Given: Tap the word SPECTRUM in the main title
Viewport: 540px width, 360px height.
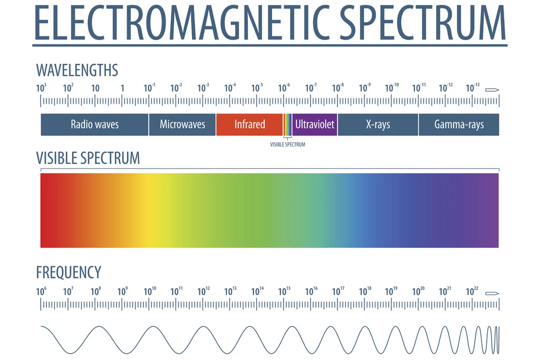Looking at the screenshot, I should tap(422, 24).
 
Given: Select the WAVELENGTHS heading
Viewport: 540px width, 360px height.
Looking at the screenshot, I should tap(77, 70).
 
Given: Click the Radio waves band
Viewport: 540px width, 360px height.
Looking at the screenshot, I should tap(95, 124).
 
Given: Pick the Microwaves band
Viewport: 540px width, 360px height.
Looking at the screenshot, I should tap(182, 124).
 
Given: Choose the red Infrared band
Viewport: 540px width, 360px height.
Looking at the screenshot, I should tap(249, 124).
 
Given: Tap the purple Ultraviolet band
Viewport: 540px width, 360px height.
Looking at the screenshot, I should tap(315, 124).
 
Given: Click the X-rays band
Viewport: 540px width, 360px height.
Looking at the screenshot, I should tap(378, 124).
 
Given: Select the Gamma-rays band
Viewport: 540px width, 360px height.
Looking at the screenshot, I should tap(459, 124).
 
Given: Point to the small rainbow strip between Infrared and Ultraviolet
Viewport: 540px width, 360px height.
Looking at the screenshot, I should tap(287, 124).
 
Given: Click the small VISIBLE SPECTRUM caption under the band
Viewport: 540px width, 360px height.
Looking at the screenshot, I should tap(287, 144).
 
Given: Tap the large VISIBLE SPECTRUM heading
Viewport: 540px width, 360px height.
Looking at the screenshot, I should tap(88, 158).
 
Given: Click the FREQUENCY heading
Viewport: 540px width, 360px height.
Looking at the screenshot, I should tap(69, 273).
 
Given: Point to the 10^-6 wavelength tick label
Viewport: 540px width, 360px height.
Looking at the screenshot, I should tap(284, 88).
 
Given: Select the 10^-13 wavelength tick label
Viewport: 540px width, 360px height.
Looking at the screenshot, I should tap(472, 88).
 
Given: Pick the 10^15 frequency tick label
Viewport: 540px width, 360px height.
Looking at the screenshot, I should tap(284, 291).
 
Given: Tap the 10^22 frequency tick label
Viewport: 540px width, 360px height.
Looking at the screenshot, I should tap(472, 291).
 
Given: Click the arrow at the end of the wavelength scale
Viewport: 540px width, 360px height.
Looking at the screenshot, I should tap(492, 89).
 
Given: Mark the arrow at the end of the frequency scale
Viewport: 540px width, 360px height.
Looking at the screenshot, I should tap(492, 293).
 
